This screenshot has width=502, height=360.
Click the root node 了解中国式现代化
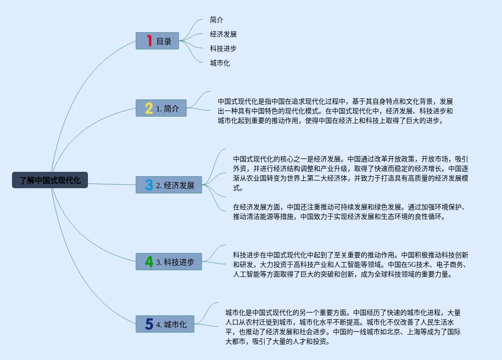(50, 180)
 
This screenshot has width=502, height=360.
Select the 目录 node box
(157, 41)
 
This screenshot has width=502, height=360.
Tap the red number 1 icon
(149, 41)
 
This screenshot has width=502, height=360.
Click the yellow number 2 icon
(149, 108)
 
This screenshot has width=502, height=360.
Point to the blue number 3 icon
(149, 185)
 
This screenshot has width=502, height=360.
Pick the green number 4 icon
(149, 262)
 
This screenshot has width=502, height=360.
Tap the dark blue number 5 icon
(149, 324)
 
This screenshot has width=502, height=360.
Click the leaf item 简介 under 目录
(217, 20)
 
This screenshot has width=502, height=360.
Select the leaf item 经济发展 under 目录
(223, 34)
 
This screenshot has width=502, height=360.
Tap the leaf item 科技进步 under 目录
(223, 48)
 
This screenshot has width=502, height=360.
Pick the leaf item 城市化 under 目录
(220, 63)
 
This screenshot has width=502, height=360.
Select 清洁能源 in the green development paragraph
(273, 216)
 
